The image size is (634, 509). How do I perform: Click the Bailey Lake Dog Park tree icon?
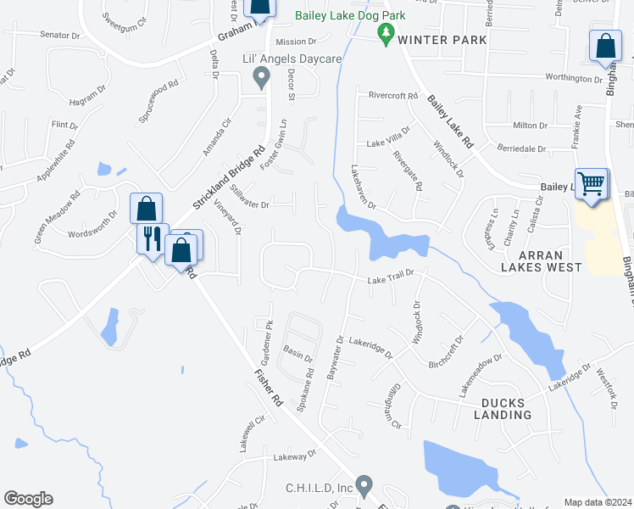point(387,34)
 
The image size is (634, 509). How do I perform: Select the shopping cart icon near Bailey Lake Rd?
point(592,184)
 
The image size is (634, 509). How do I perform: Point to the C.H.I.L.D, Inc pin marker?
point(364,485)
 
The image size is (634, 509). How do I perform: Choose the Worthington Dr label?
point(574,79)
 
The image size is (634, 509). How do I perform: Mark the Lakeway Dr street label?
point(294,456)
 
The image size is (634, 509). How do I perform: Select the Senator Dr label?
point(59,35)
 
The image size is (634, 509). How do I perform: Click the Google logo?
point(28,499)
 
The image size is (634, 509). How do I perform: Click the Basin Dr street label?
point(298,352)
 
